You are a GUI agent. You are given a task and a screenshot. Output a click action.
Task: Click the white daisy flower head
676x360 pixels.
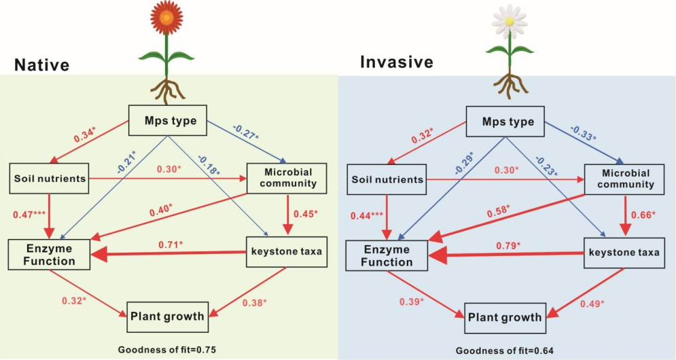(x=508, y=21)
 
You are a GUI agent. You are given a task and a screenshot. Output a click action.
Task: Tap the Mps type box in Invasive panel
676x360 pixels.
(x=508, y=122)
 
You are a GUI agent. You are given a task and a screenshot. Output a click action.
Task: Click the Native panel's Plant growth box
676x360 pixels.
(x=166, y=315)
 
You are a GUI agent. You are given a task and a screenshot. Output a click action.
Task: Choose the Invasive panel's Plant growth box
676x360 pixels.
(x=503, y=317)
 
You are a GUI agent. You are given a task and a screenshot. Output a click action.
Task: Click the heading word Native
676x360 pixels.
(x=41, y=65)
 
